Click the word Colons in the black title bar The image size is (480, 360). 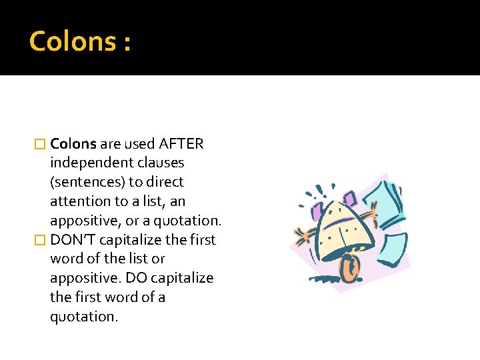pyautogui.click(x=71, y=41)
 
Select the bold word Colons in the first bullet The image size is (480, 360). pyautogui.click(x=73, y=143)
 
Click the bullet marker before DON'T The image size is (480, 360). pyautogui.click(x=41, y=240)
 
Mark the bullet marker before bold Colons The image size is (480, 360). pyautogui.click(x=41, y=144)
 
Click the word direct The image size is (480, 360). pyautogui.click(x=165, y=182)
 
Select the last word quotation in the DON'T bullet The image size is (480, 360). pyautogui.click(x=83, y=316)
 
